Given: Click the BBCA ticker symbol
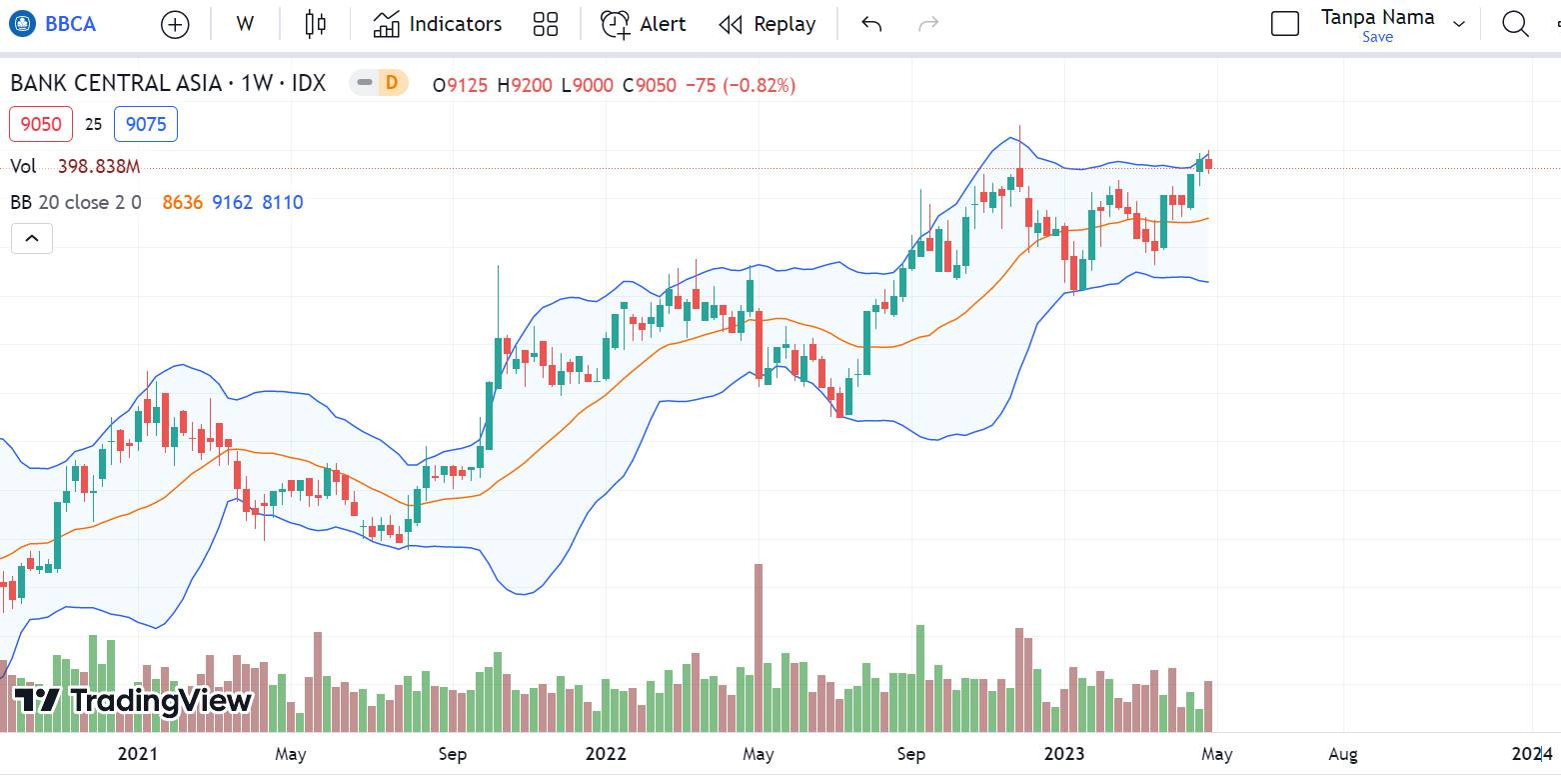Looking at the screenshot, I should [70, 24].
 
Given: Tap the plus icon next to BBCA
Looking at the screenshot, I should [175, 25].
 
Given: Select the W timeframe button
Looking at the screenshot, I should [245, 24].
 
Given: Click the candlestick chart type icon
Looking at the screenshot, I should [316, 24].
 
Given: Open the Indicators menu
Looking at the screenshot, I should [437, 24].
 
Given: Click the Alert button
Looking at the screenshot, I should [644, 24].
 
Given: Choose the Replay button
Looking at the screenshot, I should [767, 24].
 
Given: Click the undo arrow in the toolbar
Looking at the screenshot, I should [871, 24].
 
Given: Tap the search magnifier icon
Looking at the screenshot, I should [1515, 24].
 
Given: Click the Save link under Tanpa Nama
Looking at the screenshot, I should [1377, 37].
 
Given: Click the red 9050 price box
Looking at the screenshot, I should [41, 124].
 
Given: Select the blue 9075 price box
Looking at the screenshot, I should [146, 124].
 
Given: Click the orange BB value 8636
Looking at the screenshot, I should [182, 202].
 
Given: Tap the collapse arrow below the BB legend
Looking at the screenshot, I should [31, 238].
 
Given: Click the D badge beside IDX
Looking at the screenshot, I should [391, 83].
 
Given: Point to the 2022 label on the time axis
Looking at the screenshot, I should [606, 754].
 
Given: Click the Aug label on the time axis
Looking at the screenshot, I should [1343, 754].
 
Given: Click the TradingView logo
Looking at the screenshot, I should [133, 700].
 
